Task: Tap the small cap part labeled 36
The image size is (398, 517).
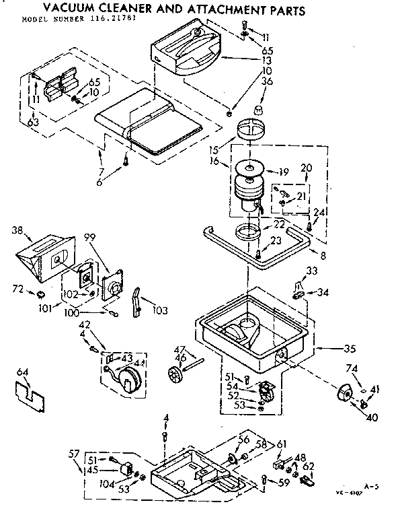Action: (x=260, y=108)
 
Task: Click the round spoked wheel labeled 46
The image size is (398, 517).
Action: (x=177, y=375)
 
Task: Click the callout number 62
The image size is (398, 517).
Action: (x=308, y=465)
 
